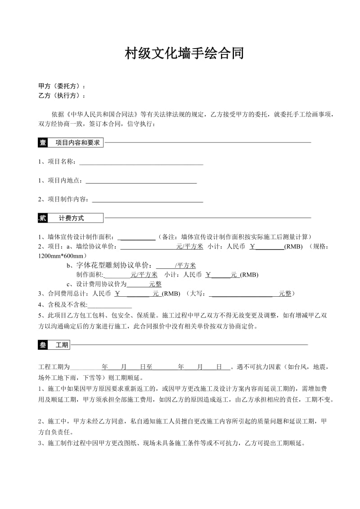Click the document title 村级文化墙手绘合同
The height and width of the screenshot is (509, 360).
click(x=184, y=54)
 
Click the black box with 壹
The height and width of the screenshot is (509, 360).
click(x=43, y=143)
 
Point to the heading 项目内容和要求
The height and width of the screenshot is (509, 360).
click(x=77, y=143)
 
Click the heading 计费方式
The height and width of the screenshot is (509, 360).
click(x=72, y=219)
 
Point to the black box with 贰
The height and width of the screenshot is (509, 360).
click(x=43, y=219)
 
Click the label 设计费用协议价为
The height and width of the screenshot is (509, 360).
click(x=101, y=284)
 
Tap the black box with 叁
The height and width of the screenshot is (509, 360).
click(x=43, y=345)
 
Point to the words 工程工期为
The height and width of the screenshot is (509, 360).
click(x=54, y=367)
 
